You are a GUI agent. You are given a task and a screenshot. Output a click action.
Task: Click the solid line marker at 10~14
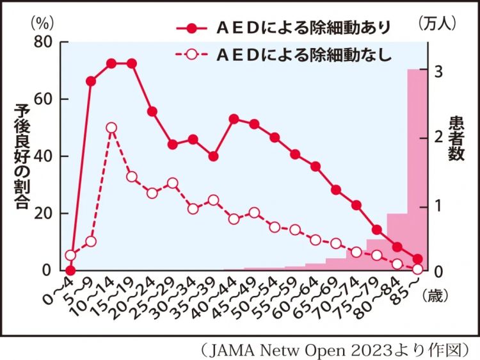click(x=111, y=63)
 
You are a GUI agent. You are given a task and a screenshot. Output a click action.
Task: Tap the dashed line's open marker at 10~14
click(x=111, y=127)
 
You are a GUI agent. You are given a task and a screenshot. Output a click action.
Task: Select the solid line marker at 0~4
click(x=70, y=270)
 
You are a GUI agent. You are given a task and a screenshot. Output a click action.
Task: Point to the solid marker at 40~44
click(x=234, y=119)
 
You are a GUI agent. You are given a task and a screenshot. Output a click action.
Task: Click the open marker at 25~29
click(x=172, y=183)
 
